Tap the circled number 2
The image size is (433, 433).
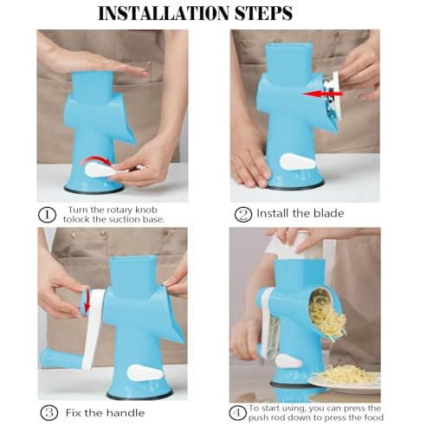(x=243, y=212)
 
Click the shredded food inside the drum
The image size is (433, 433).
(x=326, y=315)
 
